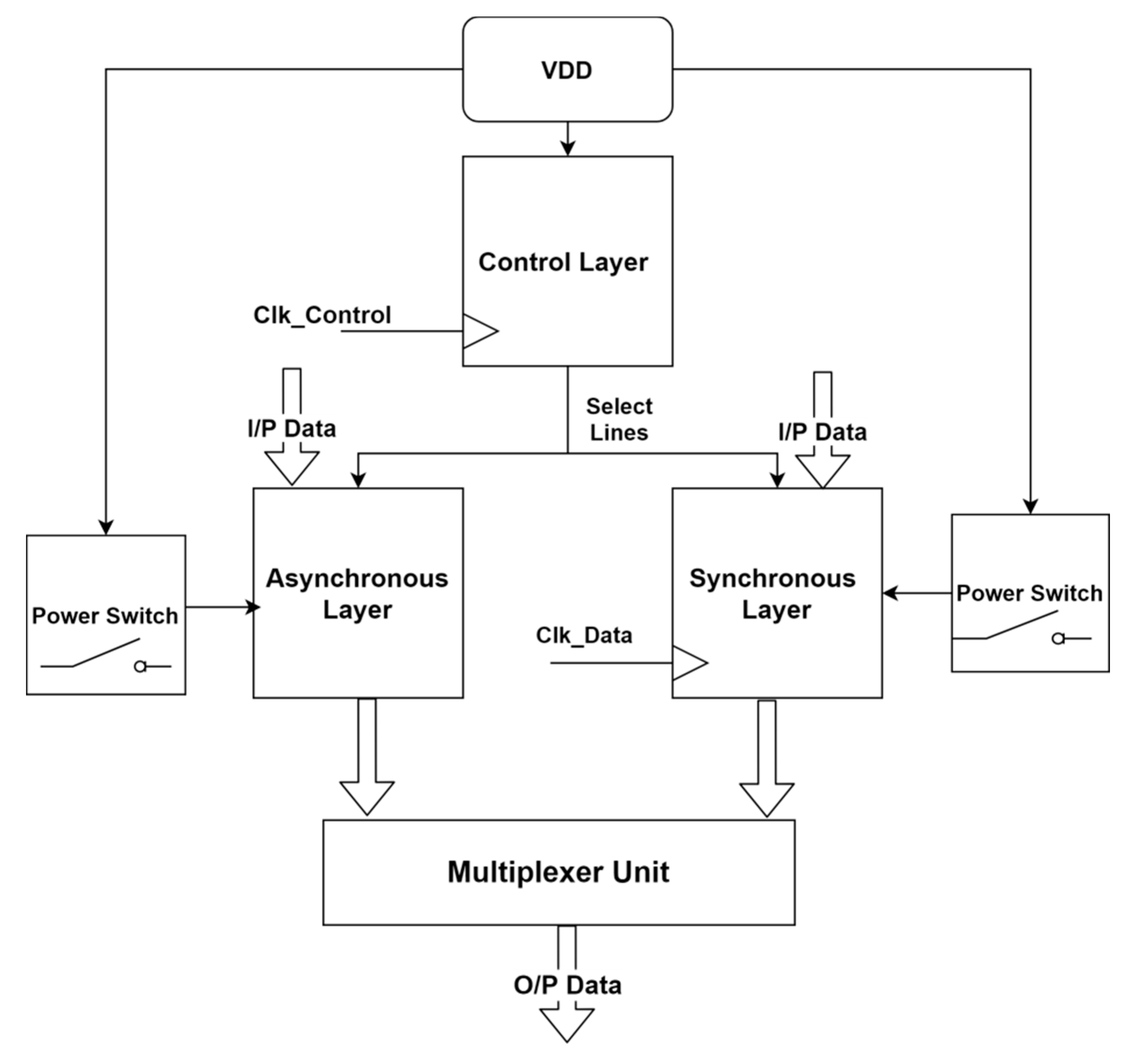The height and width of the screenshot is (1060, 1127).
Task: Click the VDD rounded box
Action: pos(568,70)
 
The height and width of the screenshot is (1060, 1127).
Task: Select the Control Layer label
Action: pos(563,262)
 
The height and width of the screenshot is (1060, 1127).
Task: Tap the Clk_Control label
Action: pos(322,315)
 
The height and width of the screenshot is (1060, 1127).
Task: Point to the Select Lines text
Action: pos(619,419)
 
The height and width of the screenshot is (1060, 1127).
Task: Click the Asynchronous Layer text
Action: pos(357,594)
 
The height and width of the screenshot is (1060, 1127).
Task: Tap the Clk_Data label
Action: pos(584,635)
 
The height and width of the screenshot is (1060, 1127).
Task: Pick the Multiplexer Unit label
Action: pos(559,872)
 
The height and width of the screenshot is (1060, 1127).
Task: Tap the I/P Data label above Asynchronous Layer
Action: pos(292,428)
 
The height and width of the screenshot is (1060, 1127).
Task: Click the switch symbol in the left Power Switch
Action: pos(105,656)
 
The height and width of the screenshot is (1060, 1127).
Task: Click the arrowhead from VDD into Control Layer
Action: pos(568,149)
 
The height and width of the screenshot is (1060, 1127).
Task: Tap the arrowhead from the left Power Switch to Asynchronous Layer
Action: pos(254,608)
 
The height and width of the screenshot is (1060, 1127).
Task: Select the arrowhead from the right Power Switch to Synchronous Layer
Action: pos(891,594)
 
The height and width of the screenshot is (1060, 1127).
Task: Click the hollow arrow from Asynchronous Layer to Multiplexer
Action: pos(367,760)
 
